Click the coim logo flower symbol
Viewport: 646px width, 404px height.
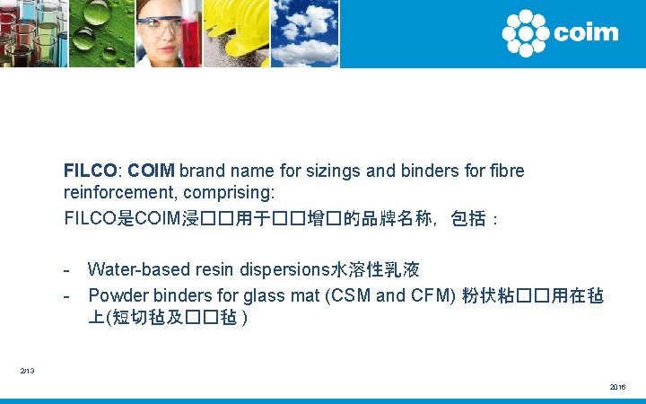525,33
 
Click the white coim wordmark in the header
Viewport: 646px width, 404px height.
586,33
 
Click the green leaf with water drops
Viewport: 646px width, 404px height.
100,33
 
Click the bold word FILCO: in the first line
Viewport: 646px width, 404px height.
93,171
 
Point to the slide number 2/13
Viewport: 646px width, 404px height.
29,370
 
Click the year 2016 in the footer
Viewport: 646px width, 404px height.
617,387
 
